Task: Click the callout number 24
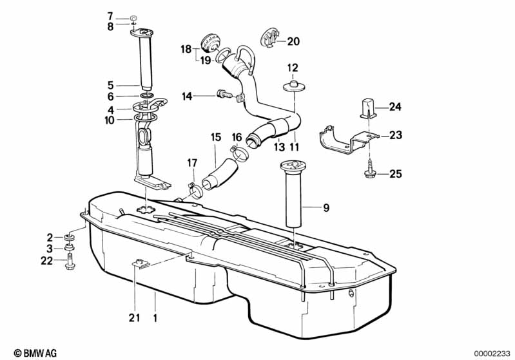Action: point(396,107)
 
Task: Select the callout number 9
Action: point(326,208)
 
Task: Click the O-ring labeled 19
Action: point(224,55)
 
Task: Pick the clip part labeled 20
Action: point(270,38)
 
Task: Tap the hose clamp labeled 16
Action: point(240,153)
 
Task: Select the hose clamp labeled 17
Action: point(195,191)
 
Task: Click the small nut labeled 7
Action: point(133,18)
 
